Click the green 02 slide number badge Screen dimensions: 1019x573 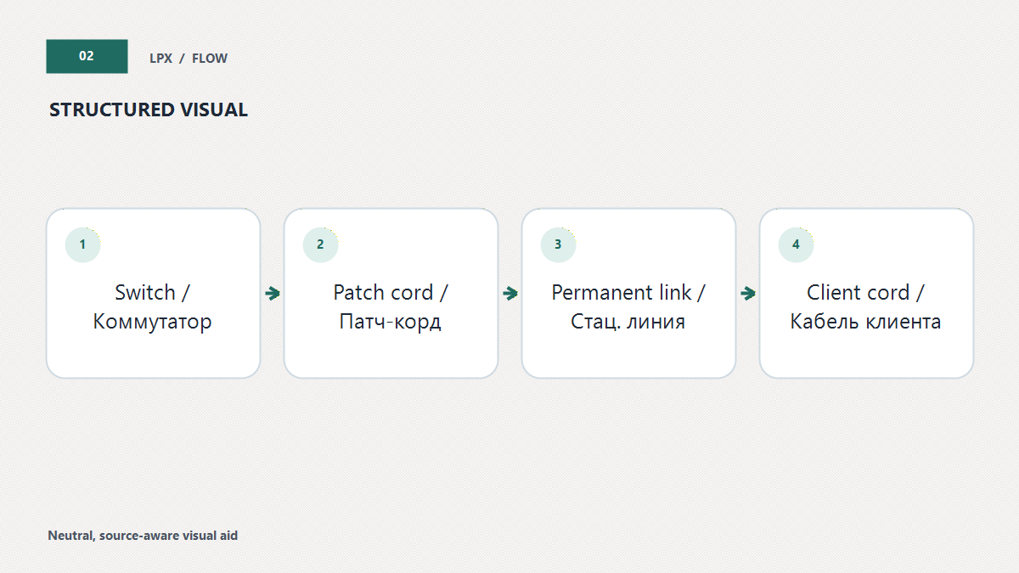(87, 56)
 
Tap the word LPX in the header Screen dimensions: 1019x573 (161, 59)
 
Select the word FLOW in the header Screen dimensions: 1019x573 (209, 59)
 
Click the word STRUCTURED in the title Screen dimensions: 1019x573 (111, 110)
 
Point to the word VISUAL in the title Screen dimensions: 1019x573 (214, 110)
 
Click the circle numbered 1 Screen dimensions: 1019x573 (83, 244)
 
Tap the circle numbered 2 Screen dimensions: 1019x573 (321, 244)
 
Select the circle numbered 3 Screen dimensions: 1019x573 (558, 244)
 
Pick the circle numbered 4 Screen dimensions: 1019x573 (797, 244)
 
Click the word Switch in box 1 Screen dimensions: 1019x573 (145, 292)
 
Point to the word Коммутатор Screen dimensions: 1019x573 (152, 323)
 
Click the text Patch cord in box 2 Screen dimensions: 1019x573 (383, 292)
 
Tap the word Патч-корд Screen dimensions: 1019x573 (391, 323)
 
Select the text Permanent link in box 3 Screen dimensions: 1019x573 (622, 292)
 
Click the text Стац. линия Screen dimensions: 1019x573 (628, 322)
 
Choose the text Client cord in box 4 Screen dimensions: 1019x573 (858, 292)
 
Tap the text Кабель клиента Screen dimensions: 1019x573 (865, 322)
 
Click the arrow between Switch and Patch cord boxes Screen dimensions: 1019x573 (273, 294)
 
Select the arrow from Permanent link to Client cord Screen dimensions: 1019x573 (748, 294)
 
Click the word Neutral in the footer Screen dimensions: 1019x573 (71, 536)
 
